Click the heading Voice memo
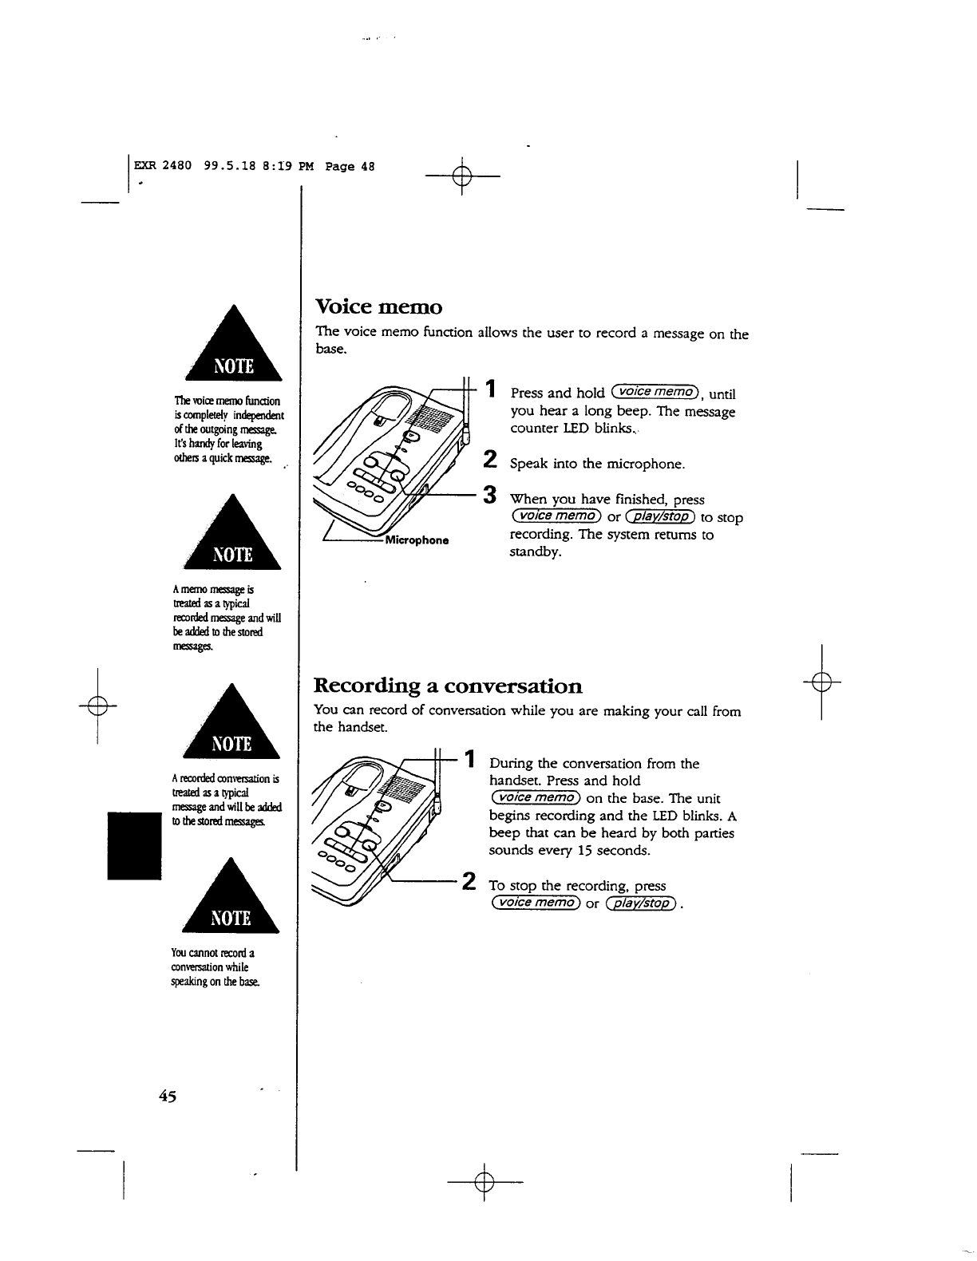[378, 306]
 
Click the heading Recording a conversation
[448, 686]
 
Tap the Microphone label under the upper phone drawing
[417, 540]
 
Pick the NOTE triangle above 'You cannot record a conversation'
[231, 898]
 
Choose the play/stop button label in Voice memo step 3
[662, 517]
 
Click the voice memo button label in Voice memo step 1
[655, 392]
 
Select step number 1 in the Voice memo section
[493, 389]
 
